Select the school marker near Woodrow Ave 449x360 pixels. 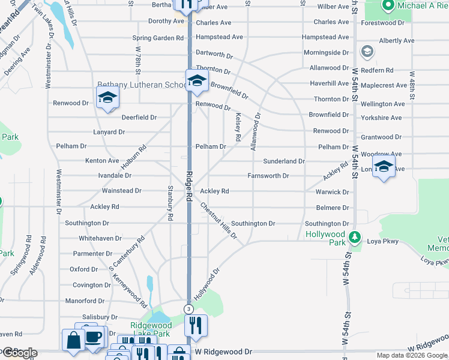(384, 167)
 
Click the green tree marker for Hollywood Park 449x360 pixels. (355, 238)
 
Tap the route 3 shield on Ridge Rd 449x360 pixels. (188, 308)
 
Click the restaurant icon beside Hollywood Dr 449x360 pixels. (196, 326)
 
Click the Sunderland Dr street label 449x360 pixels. (284, 161)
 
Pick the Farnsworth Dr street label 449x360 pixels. (268, 176)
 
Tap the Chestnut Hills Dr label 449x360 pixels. (218, 221)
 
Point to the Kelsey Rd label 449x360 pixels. (238, 127)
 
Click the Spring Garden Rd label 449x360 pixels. (158, 38)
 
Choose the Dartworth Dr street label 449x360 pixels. (214, 55)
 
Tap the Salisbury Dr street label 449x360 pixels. (100, 317)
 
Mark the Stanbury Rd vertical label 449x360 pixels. (170, 203)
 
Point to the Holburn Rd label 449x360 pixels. (133, 157)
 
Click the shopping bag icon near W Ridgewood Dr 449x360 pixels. (73, 340)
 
